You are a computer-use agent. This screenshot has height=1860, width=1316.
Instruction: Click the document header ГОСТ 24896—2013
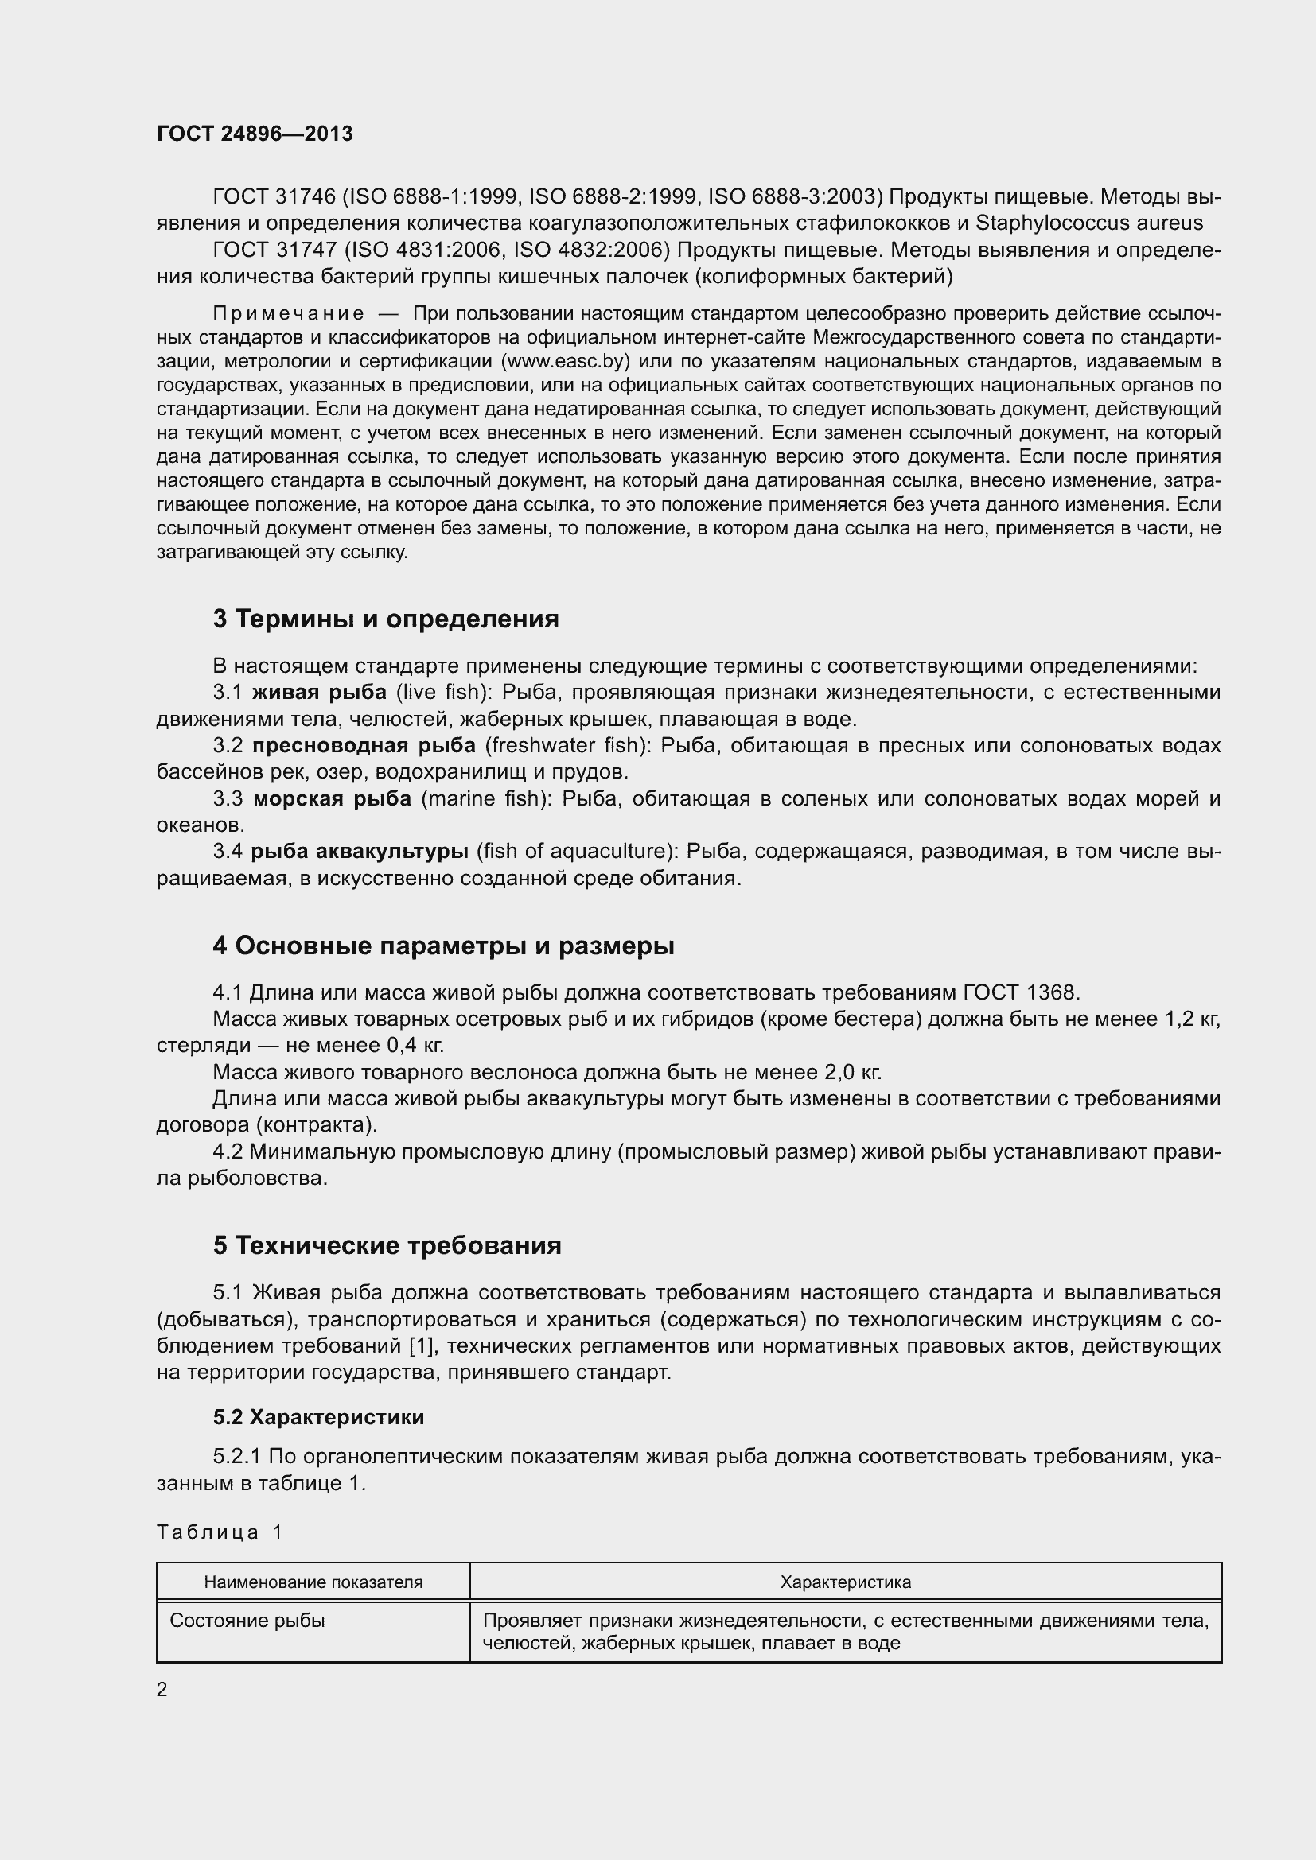click(255, 134)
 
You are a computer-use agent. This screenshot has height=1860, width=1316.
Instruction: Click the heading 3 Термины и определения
click(386, 619)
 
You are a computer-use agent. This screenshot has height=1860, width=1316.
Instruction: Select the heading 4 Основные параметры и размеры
click(443, 946)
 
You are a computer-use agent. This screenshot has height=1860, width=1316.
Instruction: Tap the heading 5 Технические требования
click(387, 1245)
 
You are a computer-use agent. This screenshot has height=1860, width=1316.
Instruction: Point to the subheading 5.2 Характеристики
click(318, 1417)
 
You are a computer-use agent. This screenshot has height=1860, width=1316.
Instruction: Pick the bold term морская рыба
click(333, 798)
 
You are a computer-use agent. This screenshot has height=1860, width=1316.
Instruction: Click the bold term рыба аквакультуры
click(359, 852)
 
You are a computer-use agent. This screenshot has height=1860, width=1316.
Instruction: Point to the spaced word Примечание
click(288, 313)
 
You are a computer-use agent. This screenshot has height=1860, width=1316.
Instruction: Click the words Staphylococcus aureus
click(1089, 223)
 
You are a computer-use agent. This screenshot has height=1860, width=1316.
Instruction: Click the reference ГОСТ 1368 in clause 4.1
click(1021, 992)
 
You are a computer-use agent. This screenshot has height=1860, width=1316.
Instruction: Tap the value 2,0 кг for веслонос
click(851, 1073)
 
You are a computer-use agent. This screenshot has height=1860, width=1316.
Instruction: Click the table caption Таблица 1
click(220, 1532)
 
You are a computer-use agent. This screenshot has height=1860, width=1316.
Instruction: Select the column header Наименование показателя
click(313, 1582)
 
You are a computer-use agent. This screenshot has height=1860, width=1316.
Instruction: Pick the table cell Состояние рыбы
click(247, 1620)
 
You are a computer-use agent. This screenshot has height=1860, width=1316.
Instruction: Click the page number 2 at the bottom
click(162, 1690)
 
